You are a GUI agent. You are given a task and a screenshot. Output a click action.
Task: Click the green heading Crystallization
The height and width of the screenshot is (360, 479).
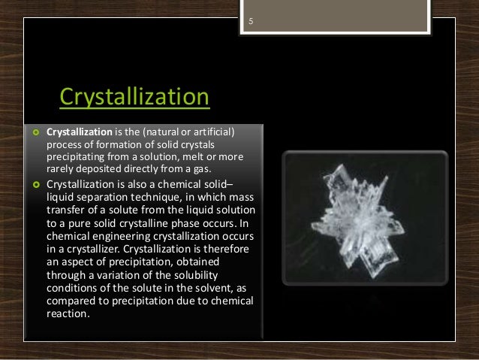[134, 98]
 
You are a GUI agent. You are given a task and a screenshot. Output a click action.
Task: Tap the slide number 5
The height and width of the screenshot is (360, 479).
[251, 22]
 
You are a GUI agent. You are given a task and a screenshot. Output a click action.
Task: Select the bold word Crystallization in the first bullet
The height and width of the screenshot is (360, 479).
[78, 132]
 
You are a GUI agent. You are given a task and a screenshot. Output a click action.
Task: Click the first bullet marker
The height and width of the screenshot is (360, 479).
[35, 133]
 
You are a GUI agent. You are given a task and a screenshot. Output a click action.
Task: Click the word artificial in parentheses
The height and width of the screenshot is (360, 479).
[211, 132]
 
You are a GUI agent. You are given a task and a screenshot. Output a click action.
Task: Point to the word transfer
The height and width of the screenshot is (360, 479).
[65, 208]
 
